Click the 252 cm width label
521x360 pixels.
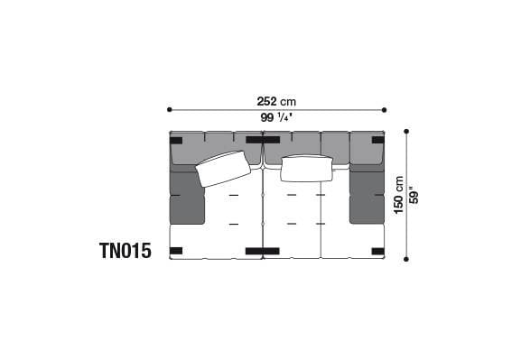[276, 101]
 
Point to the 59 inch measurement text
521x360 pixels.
[414, 194]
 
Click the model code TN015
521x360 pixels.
[126, 249]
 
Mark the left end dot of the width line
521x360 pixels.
[169, 110]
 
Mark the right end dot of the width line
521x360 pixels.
[385, 110]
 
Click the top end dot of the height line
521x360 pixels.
[406, 132]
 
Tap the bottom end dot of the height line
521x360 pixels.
[406, 259]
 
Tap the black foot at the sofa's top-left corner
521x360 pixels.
[176, 140]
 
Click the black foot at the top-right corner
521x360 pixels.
[377, 140]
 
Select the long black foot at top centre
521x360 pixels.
[262, 140]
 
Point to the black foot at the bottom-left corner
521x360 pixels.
[176, 250]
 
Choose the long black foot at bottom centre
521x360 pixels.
[262, 250]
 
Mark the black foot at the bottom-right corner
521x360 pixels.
[377, 250]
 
